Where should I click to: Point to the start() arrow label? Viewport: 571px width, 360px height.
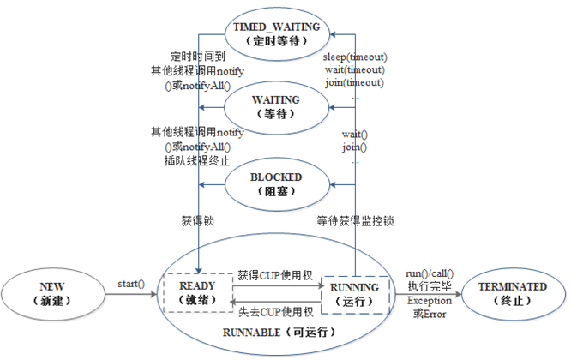point(131,283)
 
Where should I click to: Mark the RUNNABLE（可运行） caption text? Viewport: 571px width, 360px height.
point(279,333)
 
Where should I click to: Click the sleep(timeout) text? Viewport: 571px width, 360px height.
point(354,57)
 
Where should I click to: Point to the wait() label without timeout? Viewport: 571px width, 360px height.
point(355,135)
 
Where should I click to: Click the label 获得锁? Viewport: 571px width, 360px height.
point(198,221)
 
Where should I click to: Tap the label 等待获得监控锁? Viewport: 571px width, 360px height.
point(354,221)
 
